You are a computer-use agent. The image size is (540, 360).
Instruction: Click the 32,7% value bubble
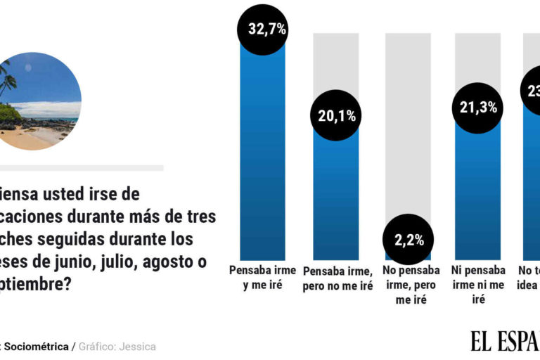[x=263, y=29]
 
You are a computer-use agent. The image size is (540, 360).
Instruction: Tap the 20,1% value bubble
[x=335, y=117]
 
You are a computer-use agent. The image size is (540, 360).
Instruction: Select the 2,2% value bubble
[x=408, y=239]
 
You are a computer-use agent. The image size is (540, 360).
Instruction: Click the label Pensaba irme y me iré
[x=263, y=277]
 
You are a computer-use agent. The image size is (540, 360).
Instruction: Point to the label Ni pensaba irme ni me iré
[x=480, y=285]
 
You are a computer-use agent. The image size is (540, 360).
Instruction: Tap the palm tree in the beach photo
[x=7, y=81]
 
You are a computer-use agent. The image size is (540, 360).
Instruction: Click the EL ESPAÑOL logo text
[x=505, y=341]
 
